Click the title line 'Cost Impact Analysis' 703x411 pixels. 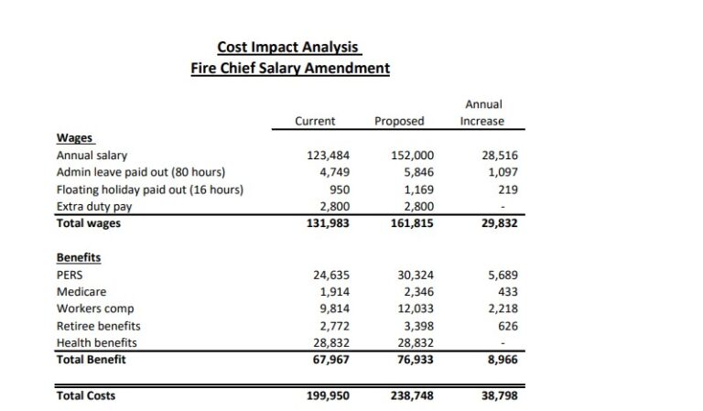(x=289, y=47)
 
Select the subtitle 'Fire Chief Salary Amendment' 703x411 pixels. (x=289, y=68)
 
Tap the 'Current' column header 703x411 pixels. (x=315, y=121)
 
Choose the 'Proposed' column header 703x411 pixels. (x=399, y=121)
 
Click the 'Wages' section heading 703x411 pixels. (x=76, y=138)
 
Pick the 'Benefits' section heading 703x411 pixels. (x=79, y=257)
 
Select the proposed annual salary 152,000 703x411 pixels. (x=412, y=156)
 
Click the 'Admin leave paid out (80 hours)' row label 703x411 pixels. (x=141, y=172)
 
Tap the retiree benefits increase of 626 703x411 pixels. (x=508, y=325)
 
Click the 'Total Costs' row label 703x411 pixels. (x=86, y=395)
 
